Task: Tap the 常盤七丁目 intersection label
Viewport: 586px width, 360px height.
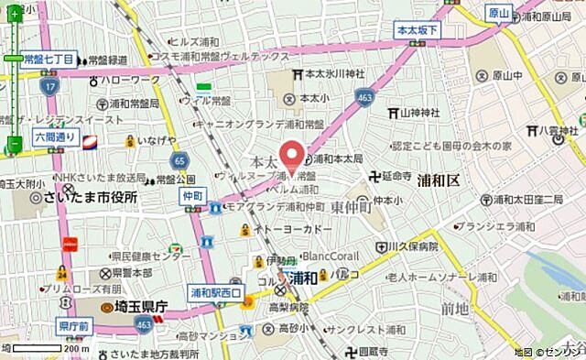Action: click(49, 59)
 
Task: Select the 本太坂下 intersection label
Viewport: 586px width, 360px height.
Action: click(417, 31)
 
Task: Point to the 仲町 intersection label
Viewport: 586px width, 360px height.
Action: click(191, 196)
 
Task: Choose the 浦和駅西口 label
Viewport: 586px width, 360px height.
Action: click(214, 292)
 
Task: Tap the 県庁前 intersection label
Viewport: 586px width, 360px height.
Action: click(72, 325)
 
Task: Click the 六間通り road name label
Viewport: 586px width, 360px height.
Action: click(55, 136)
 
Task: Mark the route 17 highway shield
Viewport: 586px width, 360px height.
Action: click(51, 85)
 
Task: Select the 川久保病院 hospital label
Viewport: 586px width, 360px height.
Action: click(408, 246)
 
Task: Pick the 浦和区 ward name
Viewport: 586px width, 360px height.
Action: click(439, 180)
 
